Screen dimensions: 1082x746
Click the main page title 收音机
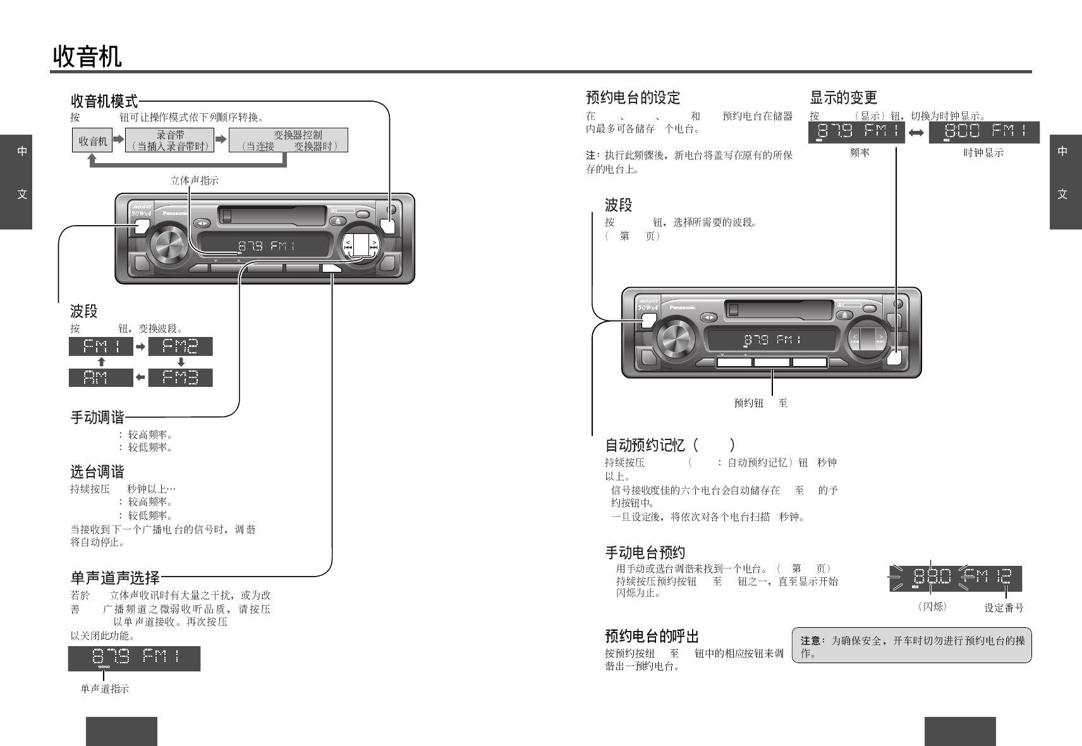coord(87,56)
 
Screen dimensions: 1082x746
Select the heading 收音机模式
coord(104,101)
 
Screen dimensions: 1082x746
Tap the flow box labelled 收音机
coord(92,141)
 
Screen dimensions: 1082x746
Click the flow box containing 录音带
coord(169,140)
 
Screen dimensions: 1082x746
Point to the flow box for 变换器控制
coord(289,140)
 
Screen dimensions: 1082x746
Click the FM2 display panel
coord(180,346)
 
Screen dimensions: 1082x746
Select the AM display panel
coord(100,378)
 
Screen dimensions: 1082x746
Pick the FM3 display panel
coord(180,378)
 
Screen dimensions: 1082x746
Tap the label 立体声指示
coord(195,180)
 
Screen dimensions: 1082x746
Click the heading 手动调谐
coord(97,417)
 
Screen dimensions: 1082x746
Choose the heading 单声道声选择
coord(114,577)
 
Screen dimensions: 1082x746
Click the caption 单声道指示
coord(104,688)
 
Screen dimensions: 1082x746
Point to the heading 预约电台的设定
coord(633,97)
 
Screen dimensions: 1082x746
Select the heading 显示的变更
coord(843,97)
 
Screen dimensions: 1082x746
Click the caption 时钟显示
coord(983,153)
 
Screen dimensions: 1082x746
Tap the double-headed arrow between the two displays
coord(916,133)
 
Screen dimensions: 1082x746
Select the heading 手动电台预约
coord(645,553)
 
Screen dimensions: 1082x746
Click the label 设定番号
coord(1004,608)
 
